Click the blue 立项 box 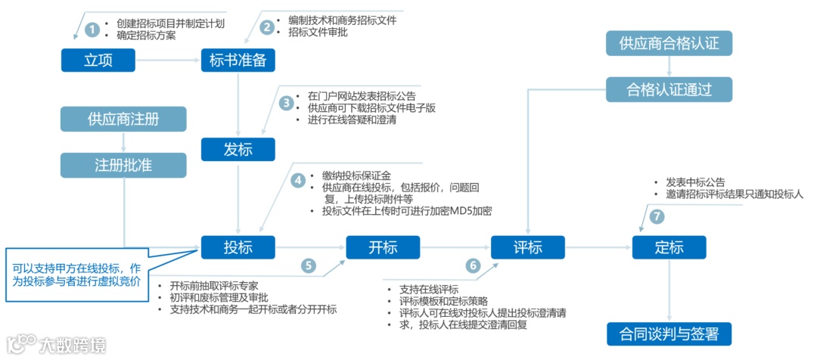pos(98,61)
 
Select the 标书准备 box pos(238,61)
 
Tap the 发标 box pos(238,149)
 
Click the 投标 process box pos(238,247)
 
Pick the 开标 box pos(383,247)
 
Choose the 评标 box pos(527,247)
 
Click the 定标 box pos(669,247)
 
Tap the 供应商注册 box pos(124,119)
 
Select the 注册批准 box pos(124,165)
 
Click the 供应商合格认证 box pos(669,43)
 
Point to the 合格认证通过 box pos(669,89)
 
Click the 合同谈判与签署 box pos(669,333)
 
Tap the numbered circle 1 pos(92,29)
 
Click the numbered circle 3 pos(286,103)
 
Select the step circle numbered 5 pos(308,265)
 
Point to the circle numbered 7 pos(657,216)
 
